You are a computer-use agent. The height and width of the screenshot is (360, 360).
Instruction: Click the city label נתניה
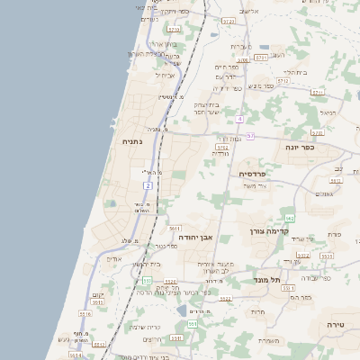click(x=131, y=142)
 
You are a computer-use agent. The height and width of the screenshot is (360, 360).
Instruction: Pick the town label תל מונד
click(x=267, y=280)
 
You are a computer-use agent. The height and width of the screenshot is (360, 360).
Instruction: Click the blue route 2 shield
click(x=147, y=185)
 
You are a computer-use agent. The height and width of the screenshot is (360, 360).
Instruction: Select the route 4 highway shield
click(x=240, y=118)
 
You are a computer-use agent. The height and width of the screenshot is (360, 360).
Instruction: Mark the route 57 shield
click(x=249, y=136)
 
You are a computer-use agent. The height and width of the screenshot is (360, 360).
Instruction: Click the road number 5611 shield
click(x=175, y=229)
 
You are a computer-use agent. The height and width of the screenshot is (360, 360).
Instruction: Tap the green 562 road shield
click(x=289, y=218)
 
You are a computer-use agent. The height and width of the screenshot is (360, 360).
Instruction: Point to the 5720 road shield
click(x=228, y=20)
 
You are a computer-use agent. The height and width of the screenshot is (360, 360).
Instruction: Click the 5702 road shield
click(x=221, y=145)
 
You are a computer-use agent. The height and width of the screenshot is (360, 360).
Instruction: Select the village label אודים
click(x=114, y=259)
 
